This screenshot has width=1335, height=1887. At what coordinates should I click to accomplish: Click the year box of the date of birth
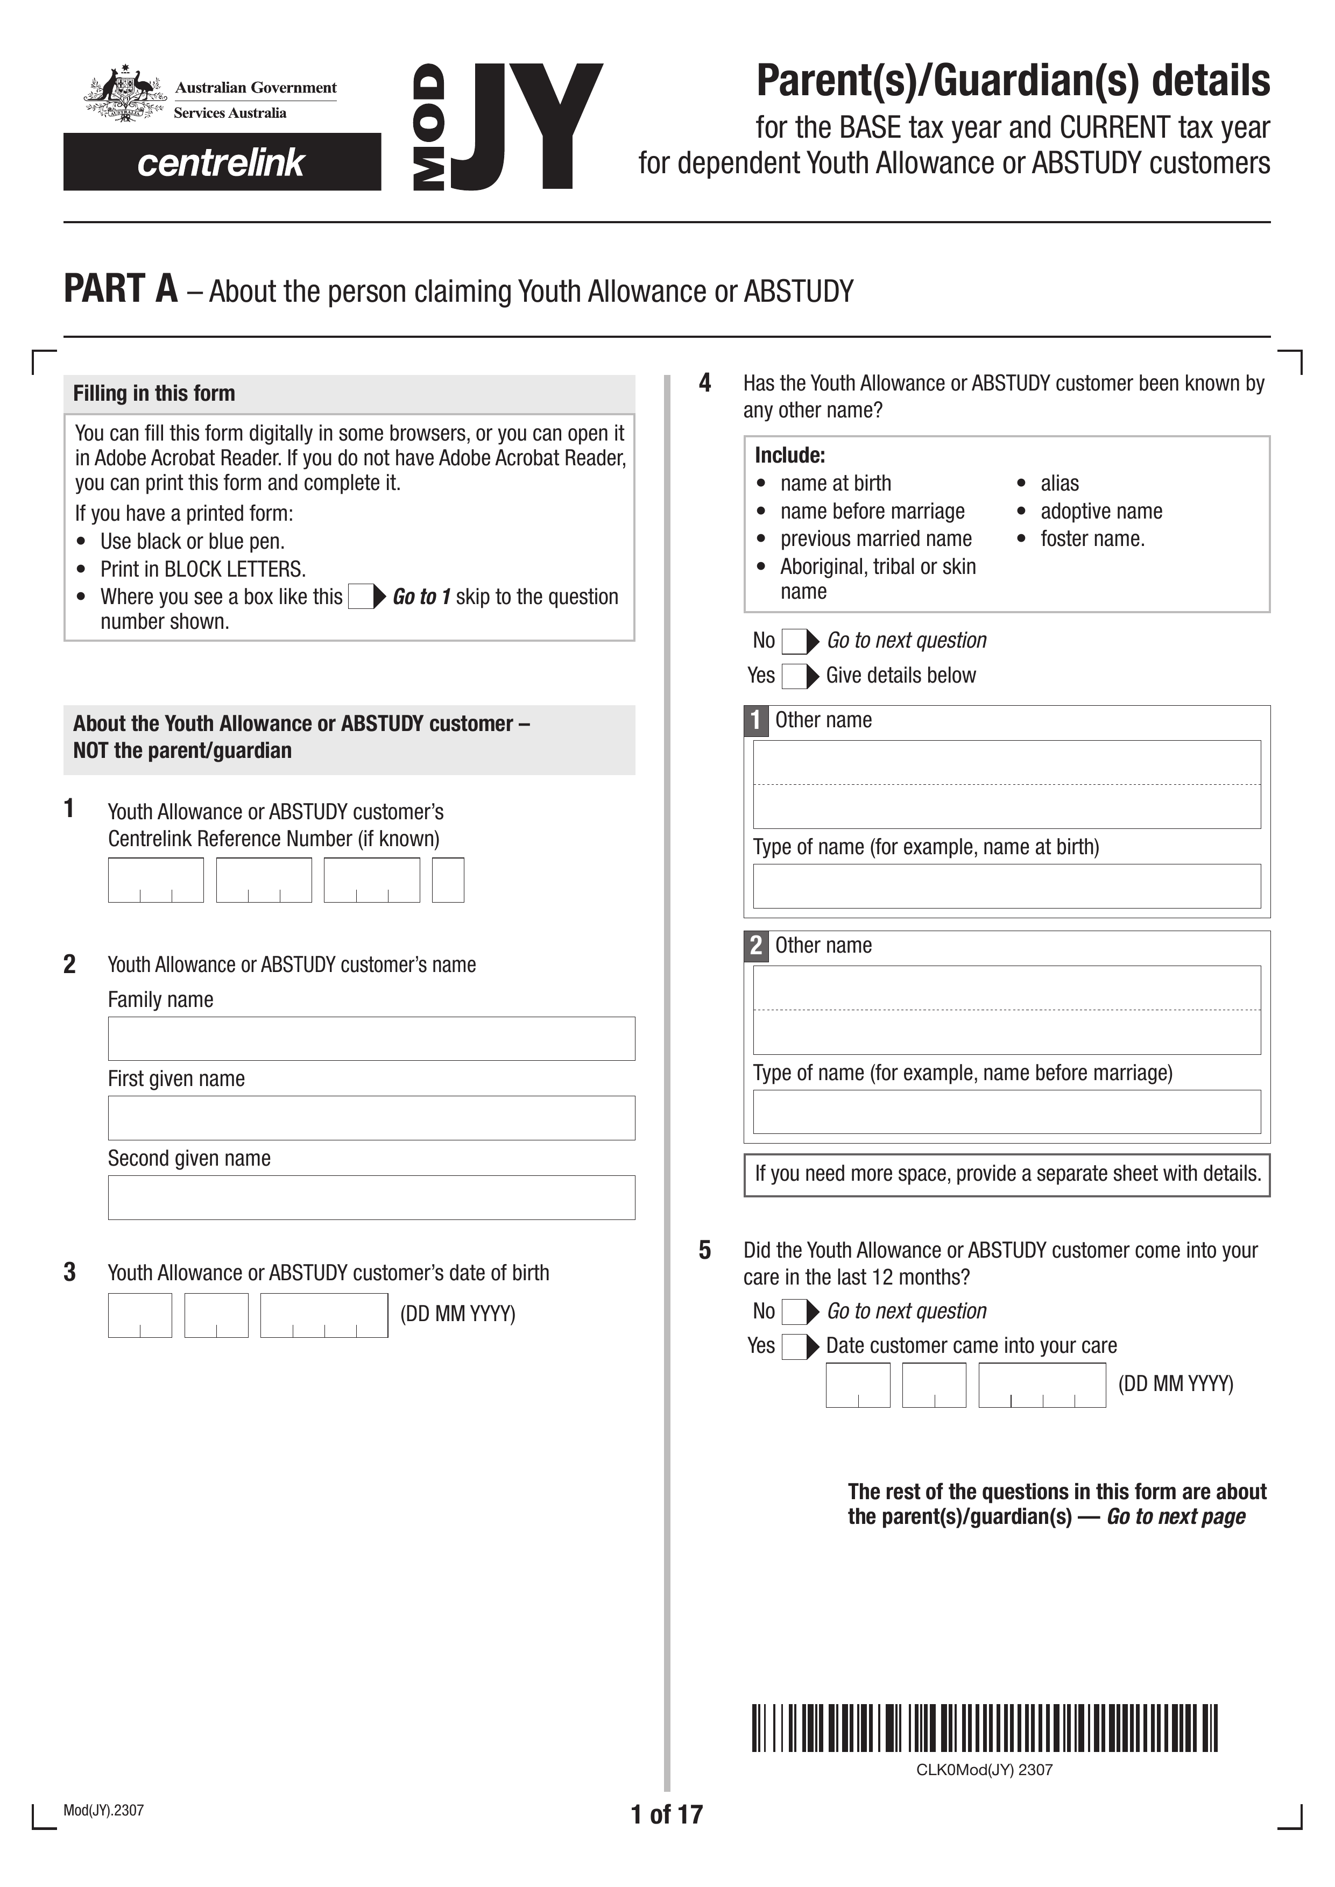pyautogui.click(x=324, y=1315)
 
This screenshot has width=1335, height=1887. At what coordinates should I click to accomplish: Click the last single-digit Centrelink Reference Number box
pyautogui.click(x=448, y=879)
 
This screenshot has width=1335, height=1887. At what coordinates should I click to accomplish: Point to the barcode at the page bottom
pyautogui.click(x=984, y=1728)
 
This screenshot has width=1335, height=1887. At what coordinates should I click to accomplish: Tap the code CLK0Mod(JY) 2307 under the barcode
pyautogui.click(x=984, y=1770)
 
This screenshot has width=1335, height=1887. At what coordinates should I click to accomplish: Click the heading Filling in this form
pyautogui.click(x=154, y=394)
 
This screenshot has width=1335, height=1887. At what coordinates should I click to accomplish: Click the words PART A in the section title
pyautogui.click(x=121, y=289)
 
